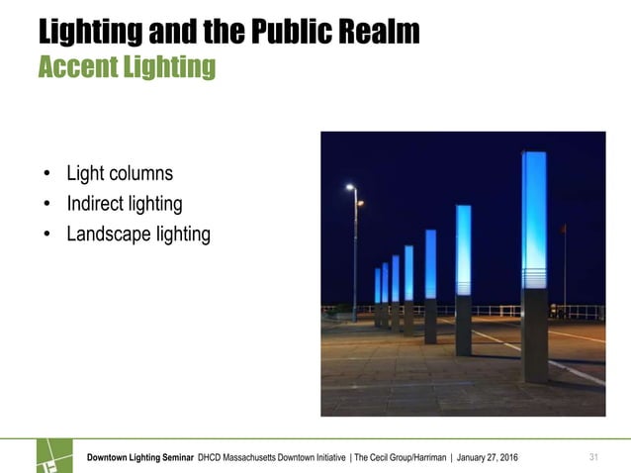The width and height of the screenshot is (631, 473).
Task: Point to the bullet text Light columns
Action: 119,174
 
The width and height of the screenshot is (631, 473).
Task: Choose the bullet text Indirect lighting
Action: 124,205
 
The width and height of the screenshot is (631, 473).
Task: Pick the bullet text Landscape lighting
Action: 138,235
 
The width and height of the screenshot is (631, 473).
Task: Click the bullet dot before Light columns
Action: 46,175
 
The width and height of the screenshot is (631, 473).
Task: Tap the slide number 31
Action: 594,456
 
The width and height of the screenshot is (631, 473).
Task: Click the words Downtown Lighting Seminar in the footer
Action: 139,457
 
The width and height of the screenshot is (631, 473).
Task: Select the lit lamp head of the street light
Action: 351,186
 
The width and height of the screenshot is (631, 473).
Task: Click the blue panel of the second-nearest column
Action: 463,247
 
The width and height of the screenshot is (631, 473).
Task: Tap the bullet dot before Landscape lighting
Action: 46,236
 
